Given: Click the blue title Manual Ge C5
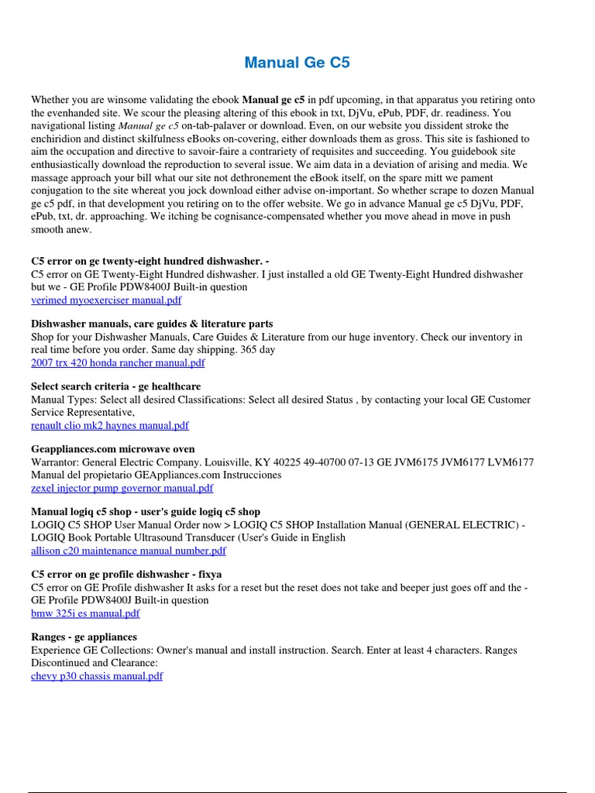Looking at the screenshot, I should point(297,63).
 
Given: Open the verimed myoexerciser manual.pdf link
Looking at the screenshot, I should point(106,300).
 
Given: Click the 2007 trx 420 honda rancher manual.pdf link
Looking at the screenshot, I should point(118,362).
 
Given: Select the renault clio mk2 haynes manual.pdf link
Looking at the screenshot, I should point(109,425).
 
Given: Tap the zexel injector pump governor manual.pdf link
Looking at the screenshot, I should point(122,488).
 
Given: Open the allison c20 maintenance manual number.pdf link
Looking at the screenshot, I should point(129,551).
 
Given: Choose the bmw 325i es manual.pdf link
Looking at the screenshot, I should point(85,613).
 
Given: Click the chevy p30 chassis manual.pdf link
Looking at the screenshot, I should point(97,676).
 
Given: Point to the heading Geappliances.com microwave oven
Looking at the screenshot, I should point(113,449).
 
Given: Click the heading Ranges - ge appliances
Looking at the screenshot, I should point(84,637).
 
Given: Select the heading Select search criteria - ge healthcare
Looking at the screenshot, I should point(115,386).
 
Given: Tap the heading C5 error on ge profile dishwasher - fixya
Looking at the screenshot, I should point(126,575).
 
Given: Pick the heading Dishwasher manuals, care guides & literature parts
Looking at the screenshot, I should point(152,324).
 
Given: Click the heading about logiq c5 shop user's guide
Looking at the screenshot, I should point(146,512).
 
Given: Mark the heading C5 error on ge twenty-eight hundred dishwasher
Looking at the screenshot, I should point(150,261).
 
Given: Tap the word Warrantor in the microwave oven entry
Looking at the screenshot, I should point(56,462).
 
